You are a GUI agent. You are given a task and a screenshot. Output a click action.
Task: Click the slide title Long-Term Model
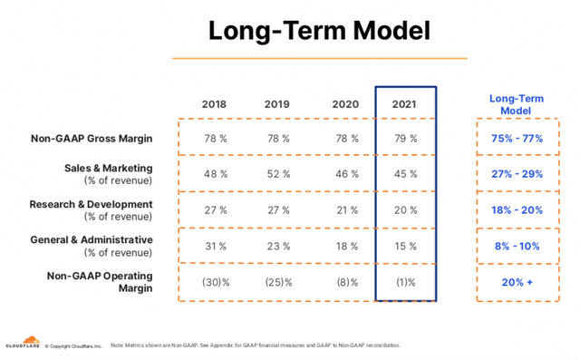click(319, 29)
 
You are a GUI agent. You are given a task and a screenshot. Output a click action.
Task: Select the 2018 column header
click(215, 104)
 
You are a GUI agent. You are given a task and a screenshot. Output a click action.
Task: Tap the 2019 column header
click(276, 104)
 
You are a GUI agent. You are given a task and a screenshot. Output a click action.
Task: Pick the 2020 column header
click(344, 104)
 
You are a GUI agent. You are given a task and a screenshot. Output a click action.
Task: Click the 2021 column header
click(404, 104)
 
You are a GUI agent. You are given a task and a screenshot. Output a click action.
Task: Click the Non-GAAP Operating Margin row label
click(100, 281)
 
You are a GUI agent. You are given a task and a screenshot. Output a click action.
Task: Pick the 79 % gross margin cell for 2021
click(405, 139)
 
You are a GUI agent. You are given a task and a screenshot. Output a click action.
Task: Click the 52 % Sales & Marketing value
click(277, 174)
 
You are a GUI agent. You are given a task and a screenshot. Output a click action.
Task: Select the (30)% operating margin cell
click(216, 282)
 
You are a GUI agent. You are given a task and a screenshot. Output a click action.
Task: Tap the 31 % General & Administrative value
click(216, 246)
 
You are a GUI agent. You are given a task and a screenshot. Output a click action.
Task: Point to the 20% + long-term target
click(517, 282)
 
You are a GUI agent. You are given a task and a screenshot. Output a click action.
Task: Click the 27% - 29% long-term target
click(517, 174)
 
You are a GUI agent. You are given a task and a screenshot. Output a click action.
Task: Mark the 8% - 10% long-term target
click(517, 246)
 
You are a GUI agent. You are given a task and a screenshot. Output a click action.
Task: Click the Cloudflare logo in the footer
click(20, 344)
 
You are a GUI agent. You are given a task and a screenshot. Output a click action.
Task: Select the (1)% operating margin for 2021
click(405, 282)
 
